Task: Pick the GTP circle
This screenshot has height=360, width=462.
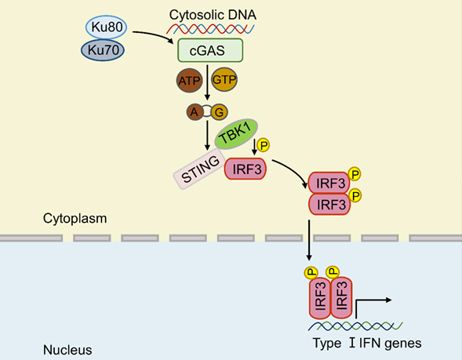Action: (224, 81)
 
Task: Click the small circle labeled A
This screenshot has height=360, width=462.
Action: (193, 113)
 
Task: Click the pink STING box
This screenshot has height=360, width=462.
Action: (198, 168)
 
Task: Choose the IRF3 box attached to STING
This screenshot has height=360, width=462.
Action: (246, 168)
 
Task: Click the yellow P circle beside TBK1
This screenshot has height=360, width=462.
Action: (264, 145)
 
